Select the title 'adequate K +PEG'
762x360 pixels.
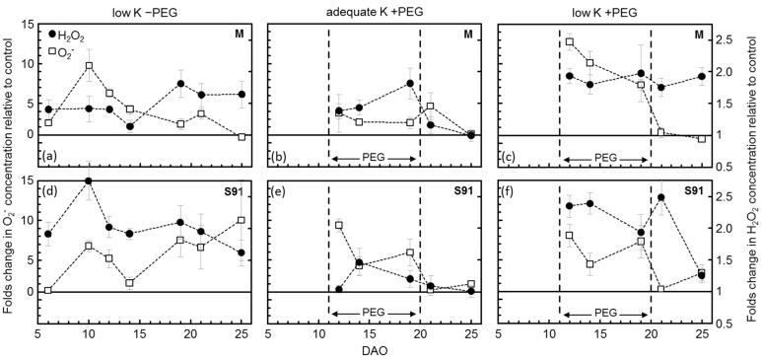[377, 9]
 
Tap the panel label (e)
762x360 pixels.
[279, 184]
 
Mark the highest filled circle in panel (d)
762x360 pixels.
[89, 181]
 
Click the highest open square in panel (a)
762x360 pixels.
[89, 66]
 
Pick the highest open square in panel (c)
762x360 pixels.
[570, 41]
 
